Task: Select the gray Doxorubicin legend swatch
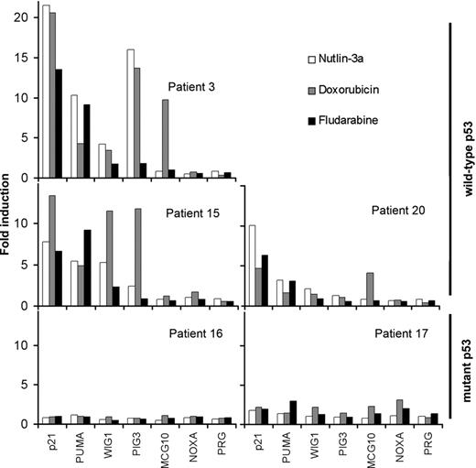(x=311, y=90)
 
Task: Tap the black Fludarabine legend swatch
(x=311, y=120)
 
